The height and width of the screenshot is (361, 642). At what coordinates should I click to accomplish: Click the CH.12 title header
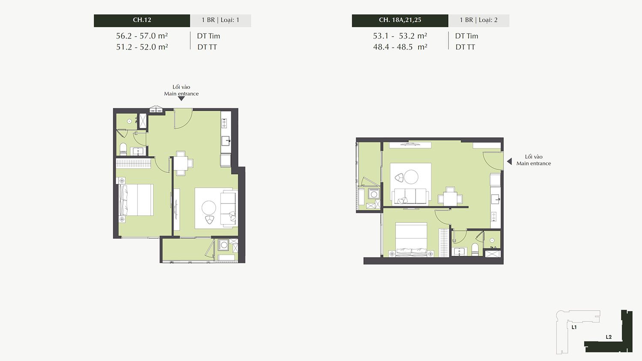coord(142,21)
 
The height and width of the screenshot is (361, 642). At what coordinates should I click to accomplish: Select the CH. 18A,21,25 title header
coord(400,21)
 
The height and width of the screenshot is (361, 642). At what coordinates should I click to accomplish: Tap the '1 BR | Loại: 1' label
coord(220,20)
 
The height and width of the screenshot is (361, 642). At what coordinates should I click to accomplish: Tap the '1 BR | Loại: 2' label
coord(479,20)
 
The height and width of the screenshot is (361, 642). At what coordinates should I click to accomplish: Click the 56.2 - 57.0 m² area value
coord(142,36)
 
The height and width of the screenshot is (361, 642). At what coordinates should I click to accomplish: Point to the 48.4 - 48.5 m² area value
coord(400,47)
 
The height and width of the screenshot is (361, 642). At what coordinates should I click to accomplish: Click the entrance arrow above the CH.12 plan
coord(181,98)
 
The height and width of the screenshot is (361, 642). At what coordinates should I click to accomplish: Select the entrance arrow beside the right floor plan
coord(509,162)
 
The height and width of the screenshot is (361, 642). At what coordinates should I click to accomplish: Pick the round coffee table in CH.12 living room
coord(209,208)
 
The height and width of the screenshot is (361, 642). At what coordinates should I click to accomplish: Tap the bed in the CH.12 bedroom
coord(136,200)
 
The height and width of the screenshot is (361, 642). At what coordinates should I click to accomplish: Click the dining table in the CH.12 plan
coord(181,163)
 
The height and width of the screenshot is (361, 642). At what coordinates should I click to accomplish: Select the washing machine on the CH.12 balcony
coord(223,245)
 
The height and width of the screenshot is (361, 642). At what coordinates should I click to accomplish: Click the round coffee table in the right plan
coord(411,177)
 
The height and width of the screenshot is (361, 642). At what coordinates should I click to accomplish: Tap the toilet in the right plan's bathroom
coord(475,249)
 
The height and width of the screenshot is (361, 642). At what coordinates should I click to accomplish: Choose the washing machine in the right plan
coord(374,194)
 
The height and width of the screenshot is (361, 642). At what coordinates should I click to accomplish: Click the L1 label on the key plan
coord(574,327)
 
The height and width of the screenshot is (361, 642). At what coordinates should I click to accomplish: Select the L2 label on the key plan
coord(609,337)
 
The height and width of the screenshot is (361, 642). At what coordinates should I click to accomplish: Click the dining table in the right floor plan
coord(450,198)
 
